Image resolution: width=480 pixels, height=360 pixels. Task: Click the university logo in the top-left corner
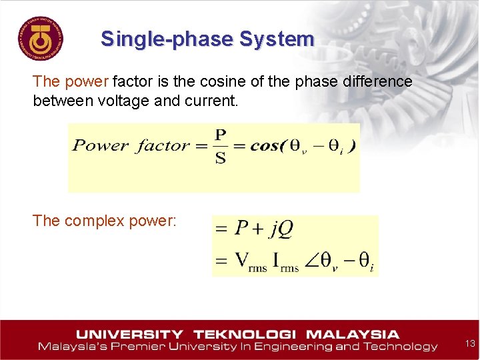(x=41, y=38)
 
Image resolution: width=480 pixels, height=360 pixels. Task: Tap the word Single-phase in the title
(x=167, y=39)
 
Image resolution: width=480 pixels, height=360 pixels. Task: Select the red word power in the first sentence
(x=87, y=82)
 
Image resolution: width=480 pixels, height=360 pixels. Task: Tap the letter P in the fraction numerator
(x=221, y=134)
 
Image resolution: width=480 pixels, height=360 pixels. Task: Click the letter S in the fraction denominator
(x=221, y=159)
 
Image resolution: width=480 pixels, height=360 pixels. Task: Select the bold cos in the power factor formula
(x=266, y=146)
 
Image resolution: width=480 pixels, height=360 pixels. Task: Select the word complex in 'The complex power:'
(x=91, y=221)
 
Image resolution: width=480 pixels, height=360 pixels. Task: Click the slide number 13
(x=470, y=343)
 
